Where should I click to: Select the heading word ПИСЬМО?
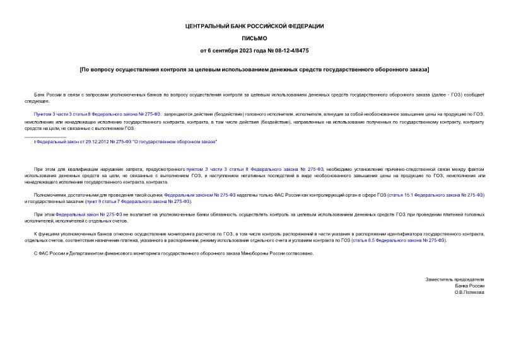tap(254, 38)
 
